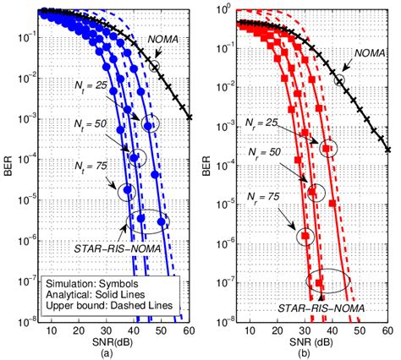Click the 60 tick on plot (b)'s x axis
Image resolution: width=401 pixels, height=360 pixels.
coord(386,330)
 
